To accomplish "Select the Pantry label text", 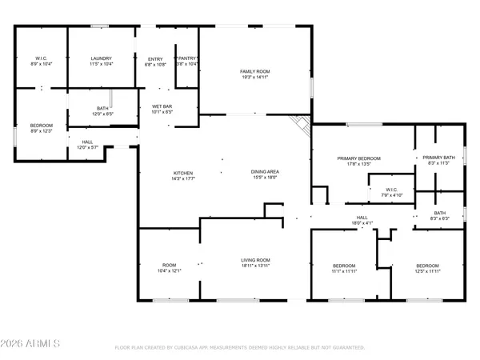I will coord(187,61).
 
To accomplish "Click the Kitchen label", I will coord(183,176).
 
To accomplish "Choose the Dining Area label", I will coord(264,176).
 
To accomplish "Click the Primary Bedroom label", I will coord(358,161).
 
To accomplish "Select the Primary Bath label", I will coord(438,160).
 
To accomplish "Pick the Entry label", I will coord(155,61).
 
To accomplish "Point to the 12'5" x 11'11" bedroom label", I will coord(427,269).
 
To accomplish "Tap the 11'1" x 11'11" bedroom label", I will coord(343,269).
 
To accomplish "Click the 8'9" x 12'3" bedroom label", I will coord(42,128).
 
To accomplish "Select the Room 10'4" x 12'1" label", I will coord(169,269).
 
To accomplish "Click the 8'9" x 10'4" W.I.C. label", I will coord(42,60).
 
